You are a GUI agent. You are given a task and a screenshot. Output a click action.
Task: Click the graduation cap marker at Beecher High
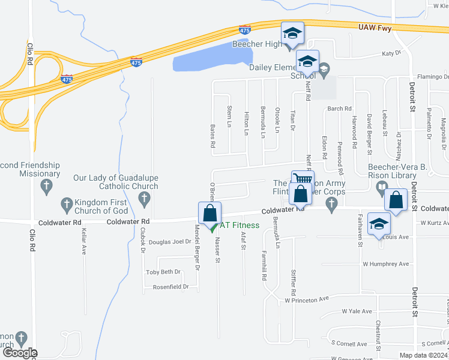[x=292, y=34]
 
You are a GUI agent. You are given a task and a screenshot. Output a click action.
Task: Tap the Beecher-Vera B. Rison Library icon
[x=381, y=189]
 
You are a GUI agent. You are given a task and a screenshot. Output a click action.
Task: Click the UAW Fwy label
[x=375, y=28]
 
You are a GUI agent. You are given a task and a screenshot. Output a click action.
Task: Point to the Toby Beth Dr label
[x=163, y=272]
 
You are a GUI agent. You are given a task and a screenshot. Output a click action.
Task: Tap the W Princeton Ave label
[x=307, y=299]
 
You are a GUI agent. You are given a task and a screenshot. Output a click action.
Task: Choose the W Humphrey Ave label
[x=385, y=264]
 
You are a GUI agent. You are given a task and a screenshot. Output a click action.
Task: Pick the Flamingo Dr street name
[x=432, y=77]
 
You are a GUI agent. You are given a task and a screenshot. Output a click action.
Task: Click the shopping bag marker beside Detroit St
[x=396, y=200]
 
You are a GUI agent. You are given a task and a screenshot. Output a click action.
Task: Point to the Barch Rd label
[x=339, y=109]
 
